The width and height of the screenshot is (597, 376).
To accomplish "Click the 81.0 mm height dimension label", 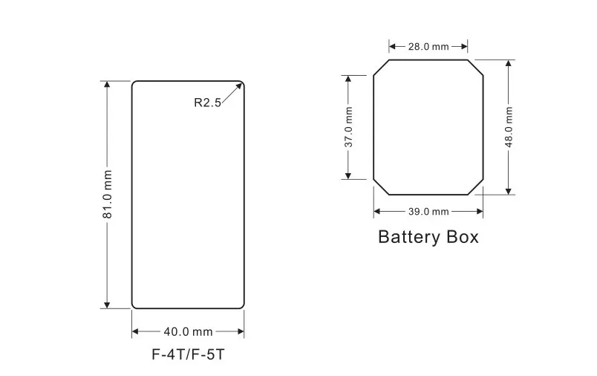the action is (x=108, y=194).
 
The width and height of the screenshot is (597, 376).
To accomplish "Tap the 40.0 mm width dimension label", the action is (x=188, y=332).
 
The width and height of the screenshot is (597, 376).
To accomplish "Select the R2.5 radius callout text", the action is (x=207, y=103).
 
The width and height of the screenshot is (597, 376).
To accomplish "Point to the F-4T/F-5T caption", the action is (x=188, y=354).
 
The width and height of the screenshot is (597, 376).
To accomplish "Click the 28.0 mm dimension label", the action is (x=428, y=47).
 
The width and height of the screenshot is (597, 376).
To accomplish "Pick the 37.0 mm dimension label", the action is (x=348, y=127).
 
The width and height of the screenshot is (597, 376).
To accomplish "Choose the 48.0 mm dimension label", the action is (x=509, y=127).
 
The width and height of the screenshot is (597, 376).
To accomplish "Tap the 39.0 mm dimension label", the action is (x=428, y=212).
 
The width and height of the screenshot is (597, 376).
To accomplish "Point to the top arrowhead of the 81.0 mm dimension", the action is (x=107, y=84).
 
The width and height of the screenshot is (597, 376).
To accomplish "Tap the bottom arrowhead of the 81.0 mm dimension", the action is (x=107, y=305).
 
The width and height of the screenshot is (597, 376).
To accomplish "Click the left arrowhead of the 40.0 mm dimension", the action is (x=136, y=331).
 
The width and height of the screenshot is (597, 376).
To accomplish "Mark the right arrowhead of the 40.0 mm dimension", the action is (x=241, y=331).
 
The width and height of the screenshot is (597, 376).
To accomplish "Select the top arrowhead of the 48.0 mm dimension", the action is (x=509, y=63).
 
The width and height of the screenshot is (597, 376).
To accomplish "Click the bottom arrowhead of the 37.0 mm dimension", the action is (x=348, y=175).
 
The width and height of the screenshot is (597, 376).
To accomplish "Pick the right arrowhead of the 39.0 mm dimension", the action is (x=480, y=212).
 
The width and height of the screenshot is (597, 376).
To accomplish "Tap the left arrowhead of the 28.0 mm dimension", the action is (x=392, y=47).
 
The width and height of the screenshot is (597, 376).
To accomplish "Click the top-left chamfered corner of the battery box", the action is (x=381, y=68).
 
